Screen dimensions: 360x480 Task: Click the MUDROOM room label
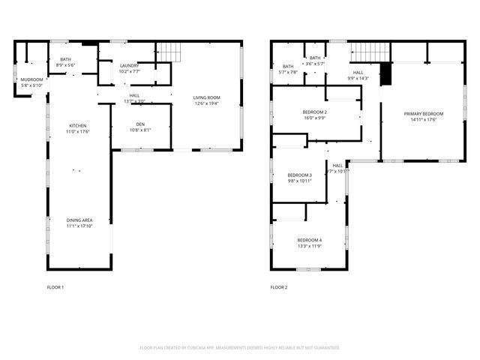point(31,79)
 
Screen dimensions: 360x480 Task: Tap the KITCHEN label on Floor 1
point(78,125)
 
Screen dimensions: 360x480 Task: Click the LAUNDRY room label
point(129,66)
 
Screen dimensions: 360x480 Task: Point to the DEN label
point(140,124)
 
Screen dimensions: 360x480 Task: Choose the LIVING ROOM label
point(206,97)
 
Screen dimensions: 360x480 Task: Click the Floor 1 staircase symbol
point(172,52)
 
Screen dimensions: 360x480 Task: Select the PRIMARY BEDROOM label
point(418,113)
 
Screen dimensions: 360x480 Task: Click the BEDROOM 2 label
point(314,112)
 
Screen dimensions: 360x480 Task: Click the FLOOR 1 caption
point(55,287)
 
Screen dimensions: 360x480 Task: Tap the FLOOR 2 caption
point(278,287)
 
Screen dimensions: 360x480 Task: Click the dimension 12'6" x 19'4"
point(206,103)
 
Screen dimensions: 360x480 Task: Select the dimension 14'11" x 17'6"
point(418,119)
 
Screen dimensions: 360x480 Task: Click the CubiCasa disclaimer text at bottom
point(240,348)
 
